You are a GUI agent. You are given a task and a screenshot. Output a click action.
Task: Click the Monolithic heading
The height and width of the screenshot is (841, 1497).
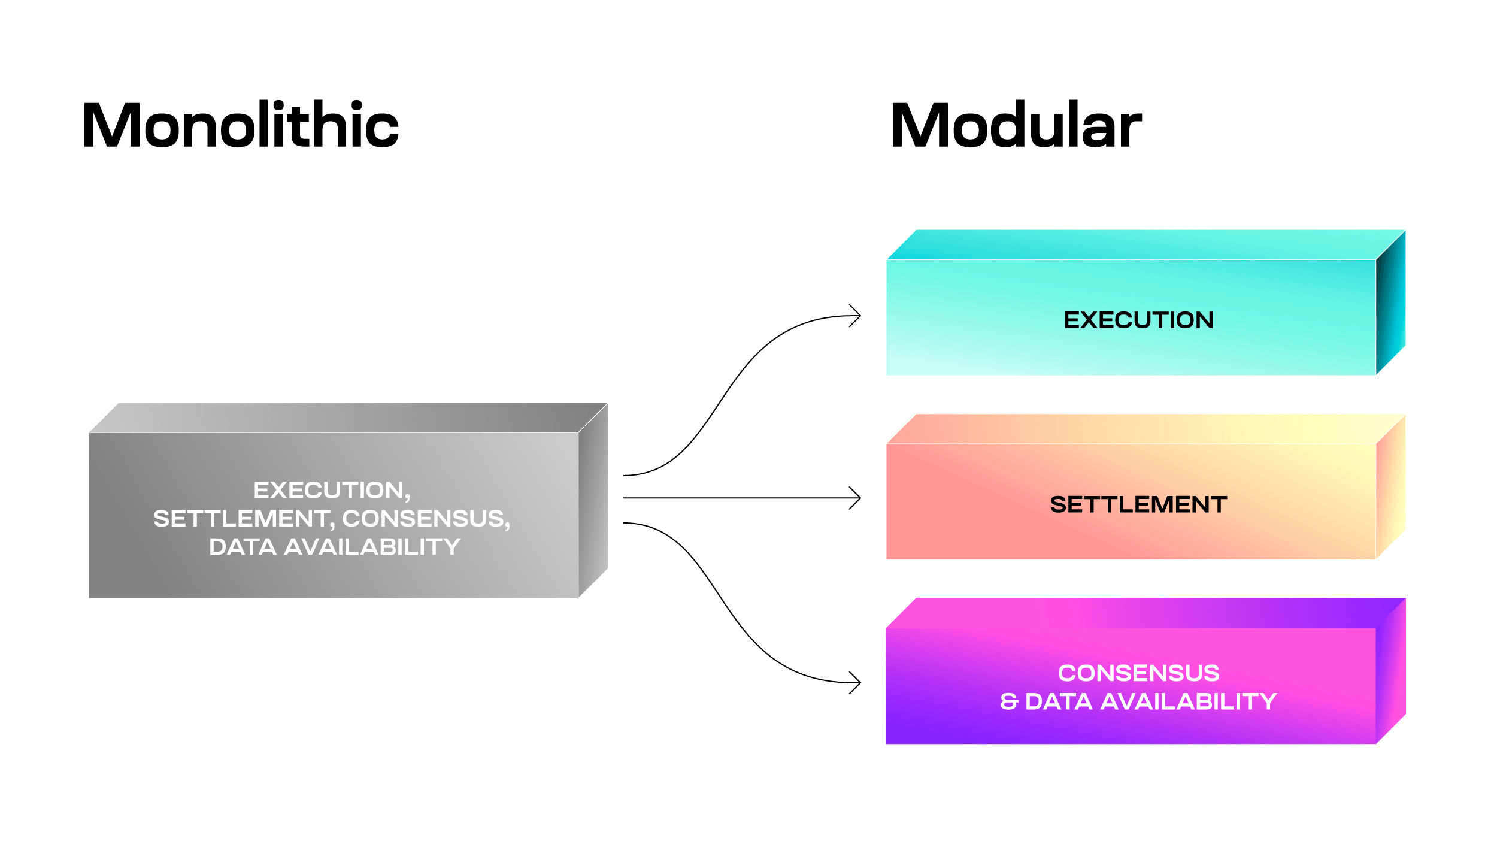(x=240, y=125)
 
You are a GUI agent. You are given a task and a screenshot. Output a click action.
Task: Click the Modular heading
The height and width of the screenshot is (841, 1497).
(x=1016, y=125)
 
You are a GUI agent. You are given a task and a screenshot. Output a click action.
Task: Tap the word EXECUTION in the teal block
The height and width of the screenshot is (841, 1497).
(x=1138, y=320)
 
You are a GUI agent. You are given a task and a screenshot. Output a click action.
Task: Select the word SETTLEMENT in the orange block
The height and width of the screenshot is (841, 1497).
(x=1138, y=504)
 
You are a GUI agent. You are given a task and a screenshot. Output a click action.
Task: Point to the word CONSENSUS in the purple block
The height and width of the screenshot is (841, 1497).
(x=1138, y=673)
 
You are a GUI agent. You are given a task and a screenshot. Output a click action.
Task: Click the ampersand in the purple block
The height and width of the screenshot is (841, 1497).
(x=1009, y=701)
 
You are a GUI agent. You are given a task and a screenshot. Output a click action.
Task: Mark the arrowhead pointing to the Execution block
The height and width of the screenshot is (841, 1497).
(x=856, y=316)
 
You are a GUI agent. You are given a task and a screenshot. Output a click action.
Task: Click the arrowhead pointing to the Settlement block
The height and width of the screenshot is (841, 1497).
(x=856, y=498)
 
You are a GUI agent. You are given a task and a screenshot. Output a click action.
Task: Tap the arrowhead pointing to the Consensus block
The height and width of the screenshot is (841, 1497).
(x=856, y=682)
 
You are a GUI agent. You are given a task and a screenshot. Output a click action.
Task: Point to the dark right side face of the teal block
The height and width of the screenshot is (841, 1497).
(x=1390, y=302)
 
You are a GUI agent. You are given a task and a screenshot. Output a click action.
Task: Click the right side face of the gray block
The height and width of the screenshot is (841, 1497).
(x=593, y=500)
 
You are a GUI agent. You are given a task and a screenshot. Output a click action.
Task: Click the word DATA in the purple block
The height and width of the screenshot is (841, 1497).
(x=1059, y=701)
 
